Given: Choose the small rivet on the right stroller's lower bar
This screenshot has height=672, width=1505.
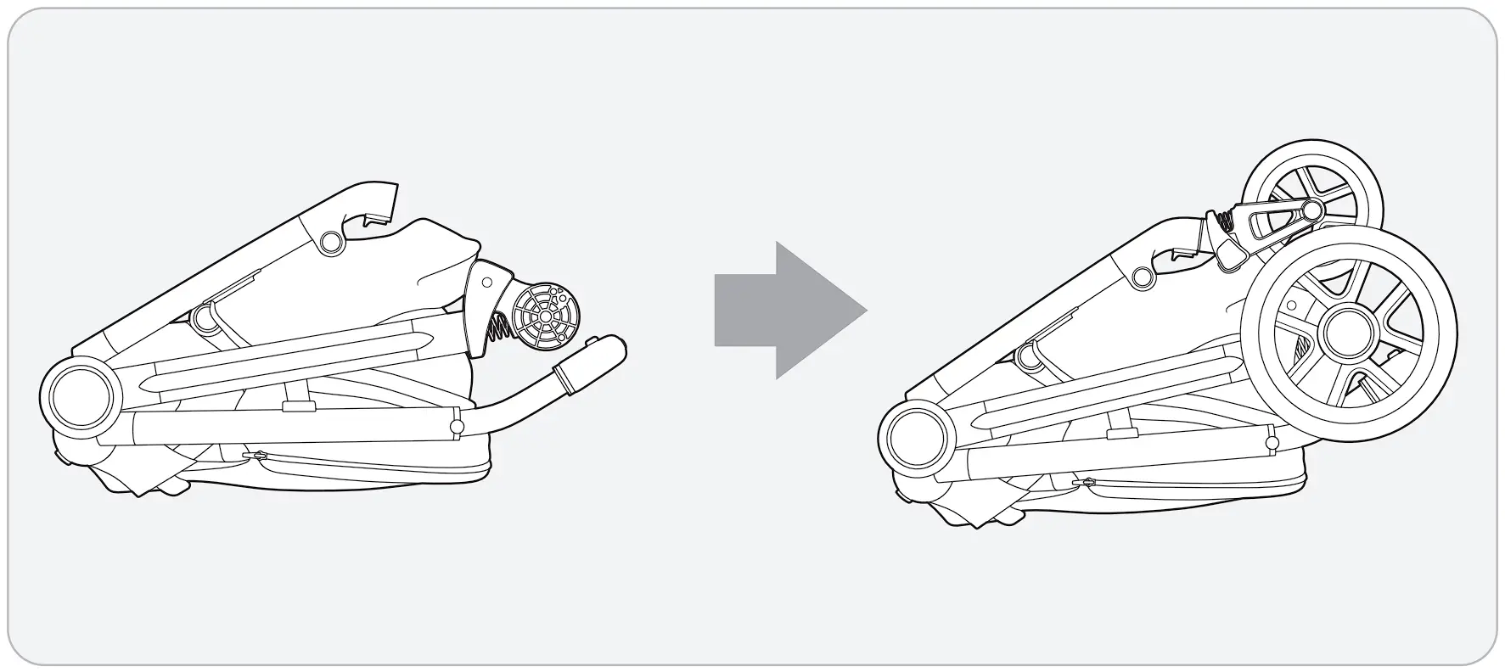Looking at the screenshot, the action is coord(1272,444).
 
